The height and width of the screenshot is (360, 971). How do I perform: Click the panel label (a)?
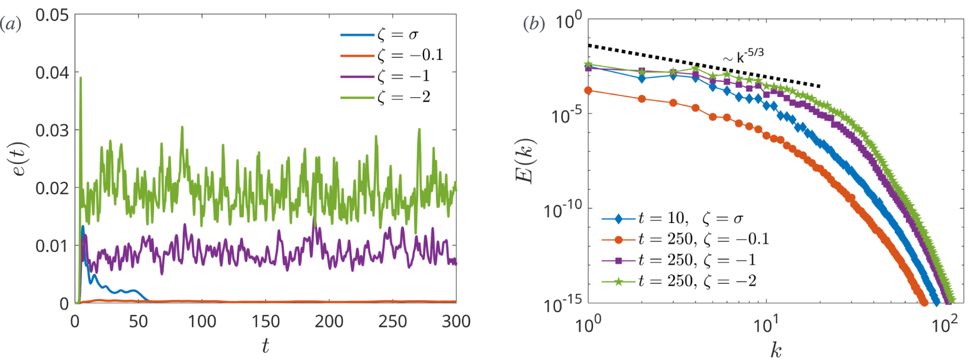click(x=10, y=24)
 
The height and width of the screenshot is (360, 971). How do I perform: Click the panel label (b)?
click(x=534, y=24)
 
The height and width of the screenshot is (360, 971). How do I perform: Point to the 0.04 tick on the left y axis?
click(x=52, y=72)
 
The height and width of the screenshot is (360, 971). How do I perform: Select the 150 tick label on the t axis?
click(x=266, y=321)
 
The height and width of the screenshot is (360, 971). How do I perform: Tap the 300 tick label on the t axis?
click(x=456, y=321)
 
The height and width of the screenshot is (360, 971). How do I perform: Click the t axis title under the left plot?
click(x=265, y=346)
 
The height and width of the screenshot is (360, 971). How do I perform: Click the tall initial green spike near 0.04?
click(x=80, y=79)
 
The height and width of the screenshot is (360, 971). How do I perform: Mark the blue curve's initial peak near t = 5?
click(x=82, y=227)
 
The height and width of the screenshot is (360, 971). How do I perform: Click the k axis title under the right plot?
click(x=776, y=350)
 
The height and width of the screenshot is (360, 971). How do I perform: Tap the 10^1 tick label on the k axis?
click(x=766, y=325)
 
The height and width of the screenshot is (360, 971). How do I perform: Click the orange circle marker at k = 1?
click(x=588, y=90)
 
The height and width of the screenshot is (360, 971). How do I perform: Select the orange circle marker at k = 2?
click(x=642, y=99)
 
